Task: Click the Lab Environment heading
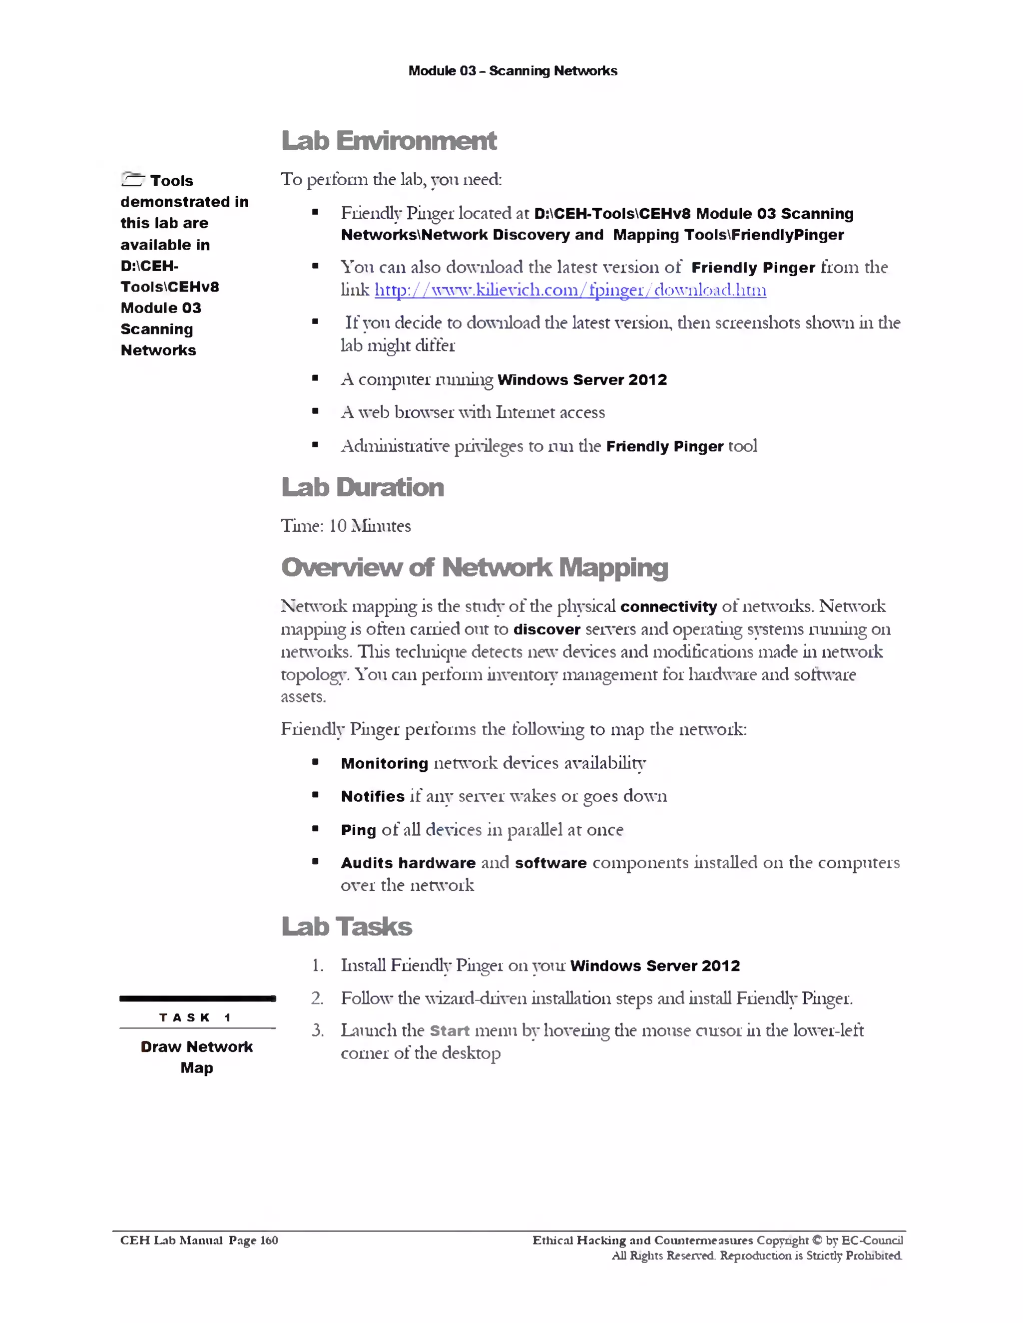(x=389, y=141)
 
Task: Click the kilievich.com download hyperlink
(x=569, y=290)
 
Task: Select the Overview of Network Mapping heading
(x=475, y=568)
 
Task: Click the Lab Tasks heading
(x=347, y=927)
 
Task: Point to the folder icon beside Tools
(x=133, y=179)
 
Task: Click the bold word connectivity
(x=668, y=607)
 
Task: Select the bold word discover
(x=546, y=630)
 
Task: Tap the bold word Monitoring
(x=384, y=763)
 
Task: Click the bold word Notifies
(x=372, y=797)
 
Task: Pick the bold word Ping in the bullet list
(x=358, y=830)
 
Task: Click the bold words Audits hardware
(x=408, y=863)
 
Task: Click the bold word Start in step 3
(x=449, y=1030)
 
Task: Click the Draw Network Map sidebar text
(x=196, y=1057)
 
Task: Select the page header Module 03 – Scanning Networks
(x=512, y=71)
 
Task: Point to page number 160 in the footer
(x=269, y=1240)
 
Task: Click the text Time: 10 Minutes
(x=346, y=526)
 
